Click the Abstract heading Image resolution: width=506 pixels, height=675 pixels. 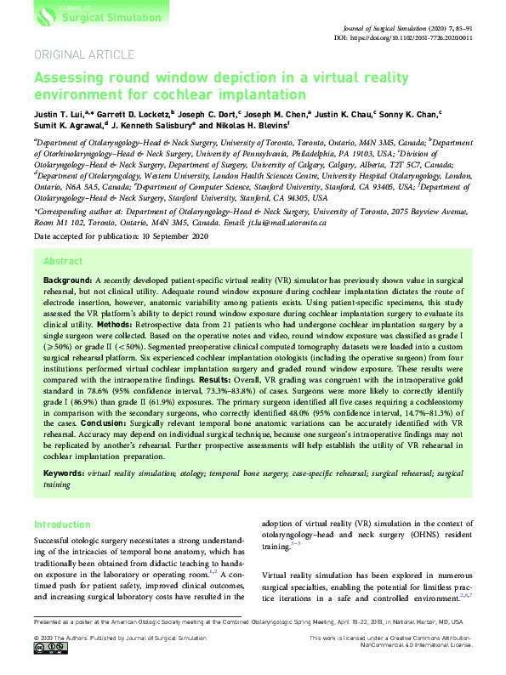coord(62,263)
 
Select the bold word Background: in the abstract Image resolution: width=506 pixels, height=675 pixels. coord(68,280)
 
